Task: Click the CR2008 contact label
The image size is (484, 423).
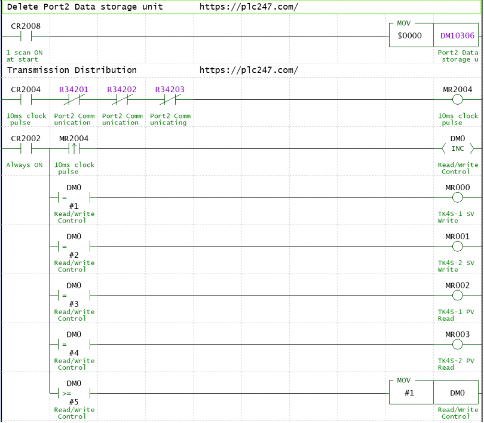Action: [26, 26]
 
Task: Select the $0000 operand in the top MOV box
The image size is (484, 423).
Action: [410, 35]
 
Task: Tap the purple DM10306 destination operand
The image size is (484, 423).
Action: [457, 35]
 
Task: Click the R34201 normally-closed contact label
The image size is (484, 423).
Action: [73, 89]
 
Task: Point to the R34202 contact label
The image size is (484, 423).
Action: [122, 89]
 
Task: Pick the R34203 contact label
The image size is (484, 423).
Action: [170, 89]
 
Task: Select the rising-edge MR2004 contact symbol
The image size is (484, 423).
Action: [73, 148]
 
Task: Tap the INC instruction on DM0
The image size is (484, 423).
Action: [458, 148]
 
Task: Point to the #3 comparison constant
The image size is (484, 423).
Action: [73, 304]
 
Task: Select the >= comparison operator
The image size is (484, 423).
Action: [66, 393]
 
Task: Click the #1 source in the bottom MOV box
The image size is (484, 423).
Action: [409, 393]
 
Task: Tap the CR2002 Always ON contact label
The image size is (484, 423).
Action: [26, 138]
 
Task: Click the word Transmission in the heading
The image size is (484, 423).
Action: [38, 70]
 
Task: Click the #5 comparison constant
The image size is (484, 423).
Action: [73, 402]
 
